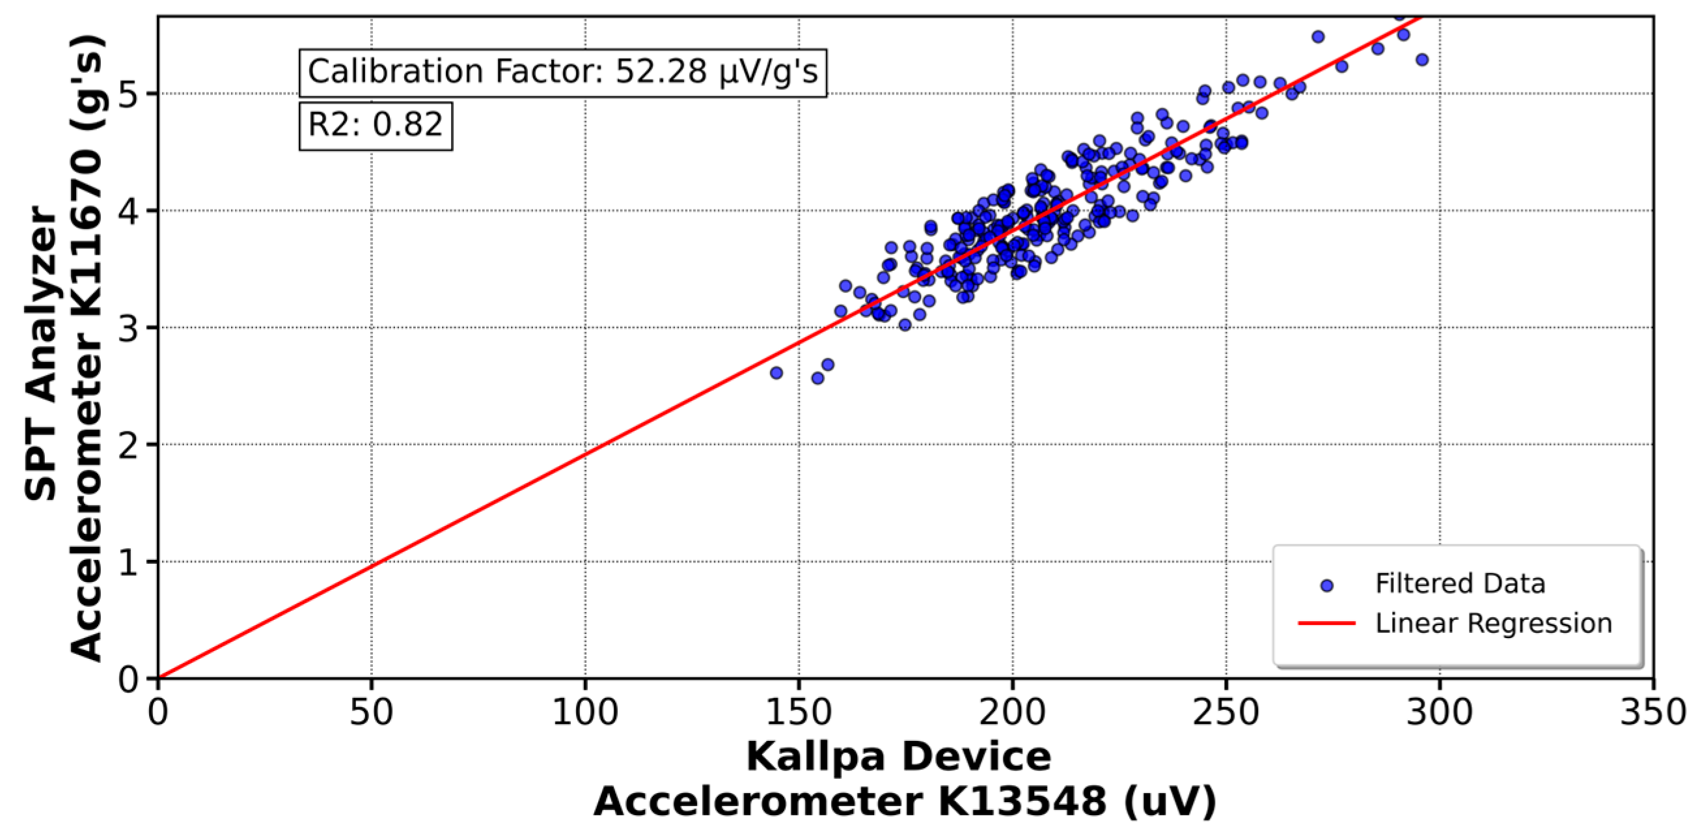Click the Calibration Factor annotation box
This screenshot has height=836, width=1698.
(x=562, y=72)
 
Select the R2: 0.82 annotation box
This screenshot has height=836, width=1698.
(x=375, y=125)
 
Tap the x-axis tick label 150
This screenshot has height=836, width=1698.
(x=799, y=713)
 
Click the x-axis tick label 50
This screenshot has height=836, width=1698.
(x=371, y=713)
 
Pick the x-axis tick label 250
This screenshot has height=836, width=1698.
(x=1226, y=713)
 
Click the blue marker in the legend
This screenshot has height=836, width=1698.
(x=1328, y=585)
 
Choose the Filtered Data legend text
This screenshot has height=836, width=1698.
(x=1459, y=584)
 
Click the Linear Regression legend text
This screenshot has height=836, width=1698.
(x=1493, y=624)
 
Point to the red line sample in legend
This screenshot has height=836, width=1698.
(x=1326, y=623)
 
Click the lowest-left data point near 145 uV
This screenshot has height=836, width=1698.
(x=776, y=373)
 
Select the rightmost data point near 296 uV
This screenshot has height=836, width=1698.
(x=1422, y=60)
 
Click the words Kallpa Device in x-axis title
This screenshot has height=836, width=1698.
(x=898, y=756)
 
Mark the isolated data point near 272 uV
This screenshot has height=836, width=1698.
(x=1318, y=37)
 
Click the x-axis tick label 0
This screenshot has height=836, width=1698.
(x=158, y=713)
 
